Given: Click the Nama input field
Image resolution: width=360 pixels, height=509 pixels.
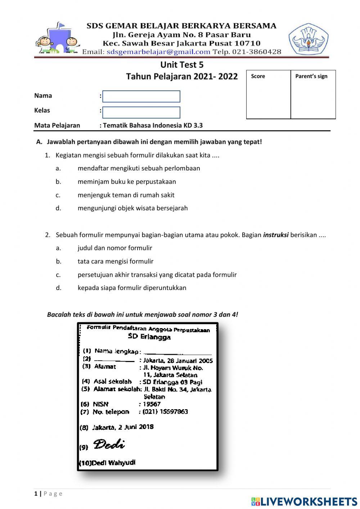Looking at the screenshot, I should pos(141,97).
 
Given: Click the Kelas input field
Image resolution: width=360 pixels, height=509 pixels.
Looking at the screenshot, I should pos(141,112).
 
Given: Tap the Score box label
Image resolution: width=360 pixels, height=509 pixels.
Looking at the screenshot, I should pos(258,76).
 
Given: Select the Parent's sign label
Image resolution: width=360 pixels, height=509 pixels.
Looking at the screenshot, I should pos(311,76).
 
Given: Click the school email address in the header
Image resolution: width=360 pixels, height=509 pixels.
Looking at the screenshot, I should pos(158,52).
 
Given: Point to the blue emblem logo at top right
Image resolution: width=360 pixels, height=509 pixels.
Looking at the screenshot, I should pos(308,39).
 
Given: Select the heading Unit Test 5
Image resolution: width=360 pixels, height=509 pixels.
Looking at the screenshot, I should pos(182,65).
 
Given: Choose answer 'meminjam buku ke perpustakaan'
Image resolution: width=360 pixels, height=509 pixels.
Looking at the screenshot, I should pos(127,182).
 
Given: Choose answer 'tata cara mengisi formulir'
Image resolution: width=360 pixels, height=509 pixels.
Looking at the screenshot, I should pos(115,261).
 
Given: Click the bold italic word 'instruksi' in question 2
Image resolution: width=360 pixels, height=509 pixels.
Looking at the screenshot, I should pos(276,235).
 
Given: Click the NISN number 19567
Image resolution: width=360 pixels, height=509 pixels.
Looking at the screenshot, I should pos(152,404).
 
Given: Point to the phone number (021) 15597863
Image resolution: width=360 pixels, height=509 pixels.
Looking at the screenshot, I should pos(165,412).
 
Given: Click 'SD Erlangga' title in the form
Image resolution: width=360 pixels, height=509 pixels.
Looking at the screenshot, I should pos(149,337).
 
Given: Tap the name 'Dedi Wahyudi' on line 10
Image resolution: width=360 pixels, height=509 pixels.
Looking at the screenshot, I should pos(113,463).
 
